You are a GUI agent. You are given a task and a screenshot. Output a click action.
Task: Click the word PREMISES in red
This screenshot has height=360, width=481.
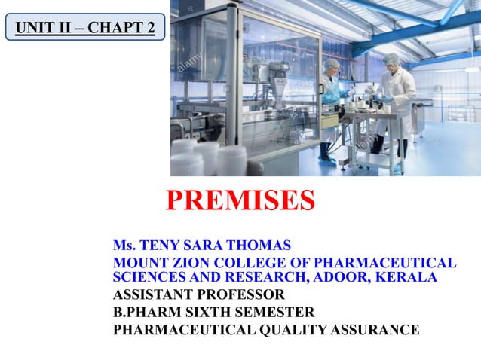point(240,200)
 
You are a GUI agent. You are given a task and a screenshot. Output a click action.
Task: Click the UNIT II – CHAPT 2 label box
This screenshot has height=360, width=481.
point(85,29)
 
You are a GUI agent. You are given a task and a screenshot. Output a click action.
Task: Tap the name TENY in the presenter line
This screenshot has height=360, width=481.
point(157,246)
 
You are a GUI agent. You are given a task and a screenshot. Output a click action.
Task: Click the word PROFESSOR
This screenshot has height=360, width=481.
point(244,294)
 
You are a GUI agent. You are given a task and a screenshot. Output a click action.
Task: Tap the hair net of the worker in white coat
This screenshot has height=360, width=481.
point(389,57)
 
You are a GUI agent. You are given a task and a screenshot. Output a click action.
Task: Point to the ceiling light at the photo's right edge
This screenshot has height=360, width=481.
point(472,68)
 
